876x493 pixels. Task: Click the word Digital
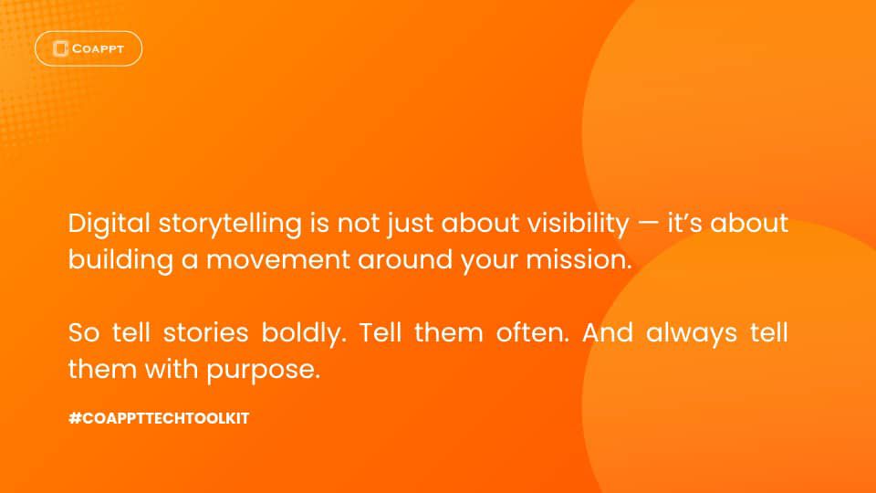109,225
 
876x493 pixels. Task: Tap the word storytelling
230,225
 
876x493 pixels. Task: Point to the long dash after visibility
648,223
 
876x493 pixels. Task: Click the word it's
684,223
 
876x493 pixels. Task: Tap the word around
405,260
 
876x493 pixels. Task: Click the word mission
579,260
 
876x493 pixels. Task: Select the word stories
205,332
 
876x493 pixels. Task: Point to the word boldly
304,334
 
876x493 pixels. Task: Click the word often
532,332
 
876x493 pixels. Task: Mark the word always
692,334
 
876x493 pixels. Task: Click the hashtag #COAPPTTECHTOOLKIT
159,418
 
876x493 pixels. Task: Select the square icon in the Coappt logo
60,48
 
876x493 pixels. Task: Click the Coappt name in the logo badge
98,48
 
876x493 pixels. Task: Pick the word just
410,225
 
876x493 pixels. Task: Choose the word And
608,332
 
